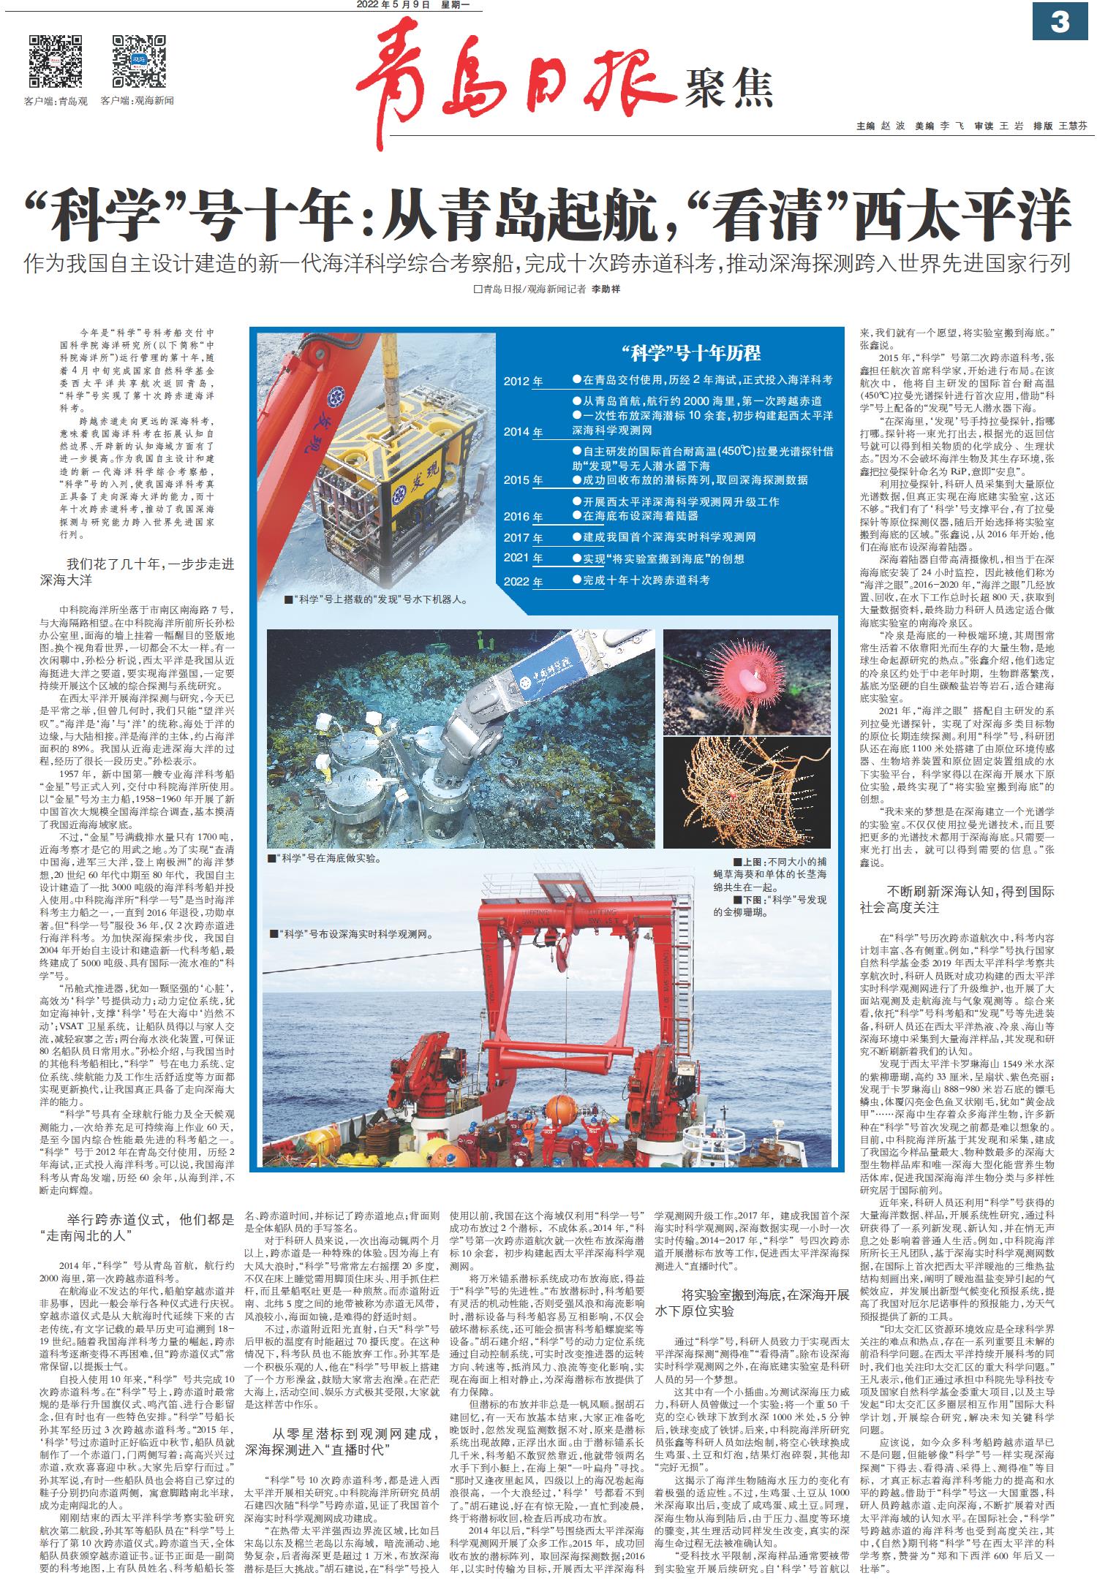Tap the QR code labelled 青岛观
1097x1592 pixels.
pyautogui.click(x=56, y=61)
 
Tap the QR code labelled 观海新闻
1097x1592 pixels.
pyautogui.click(x=140, y=61)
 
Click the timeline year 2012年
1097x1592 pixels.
pyautogui.click(x=524, y=382)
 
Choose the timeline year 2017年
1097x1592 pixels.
pyautogui.click(x=524, y=538)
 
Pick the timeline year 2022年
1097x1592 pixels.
pyautogui.click(x=524, y=582)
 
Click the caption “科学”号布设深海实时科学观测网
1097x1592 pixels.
pyautogui.click(x=351, y=933)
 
